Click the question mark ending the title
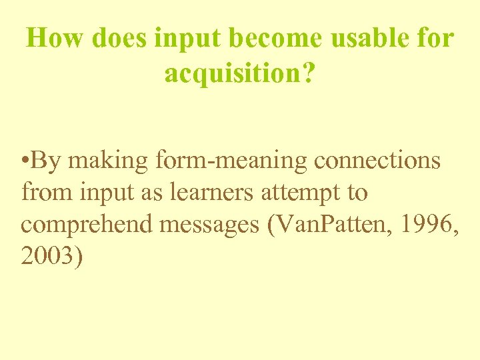[307, 73]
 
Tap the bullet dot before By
[24, 161]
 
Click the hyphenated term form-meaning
[231, 162]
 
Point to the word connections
[377, 161]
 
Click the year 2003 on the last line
[49, 257]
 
